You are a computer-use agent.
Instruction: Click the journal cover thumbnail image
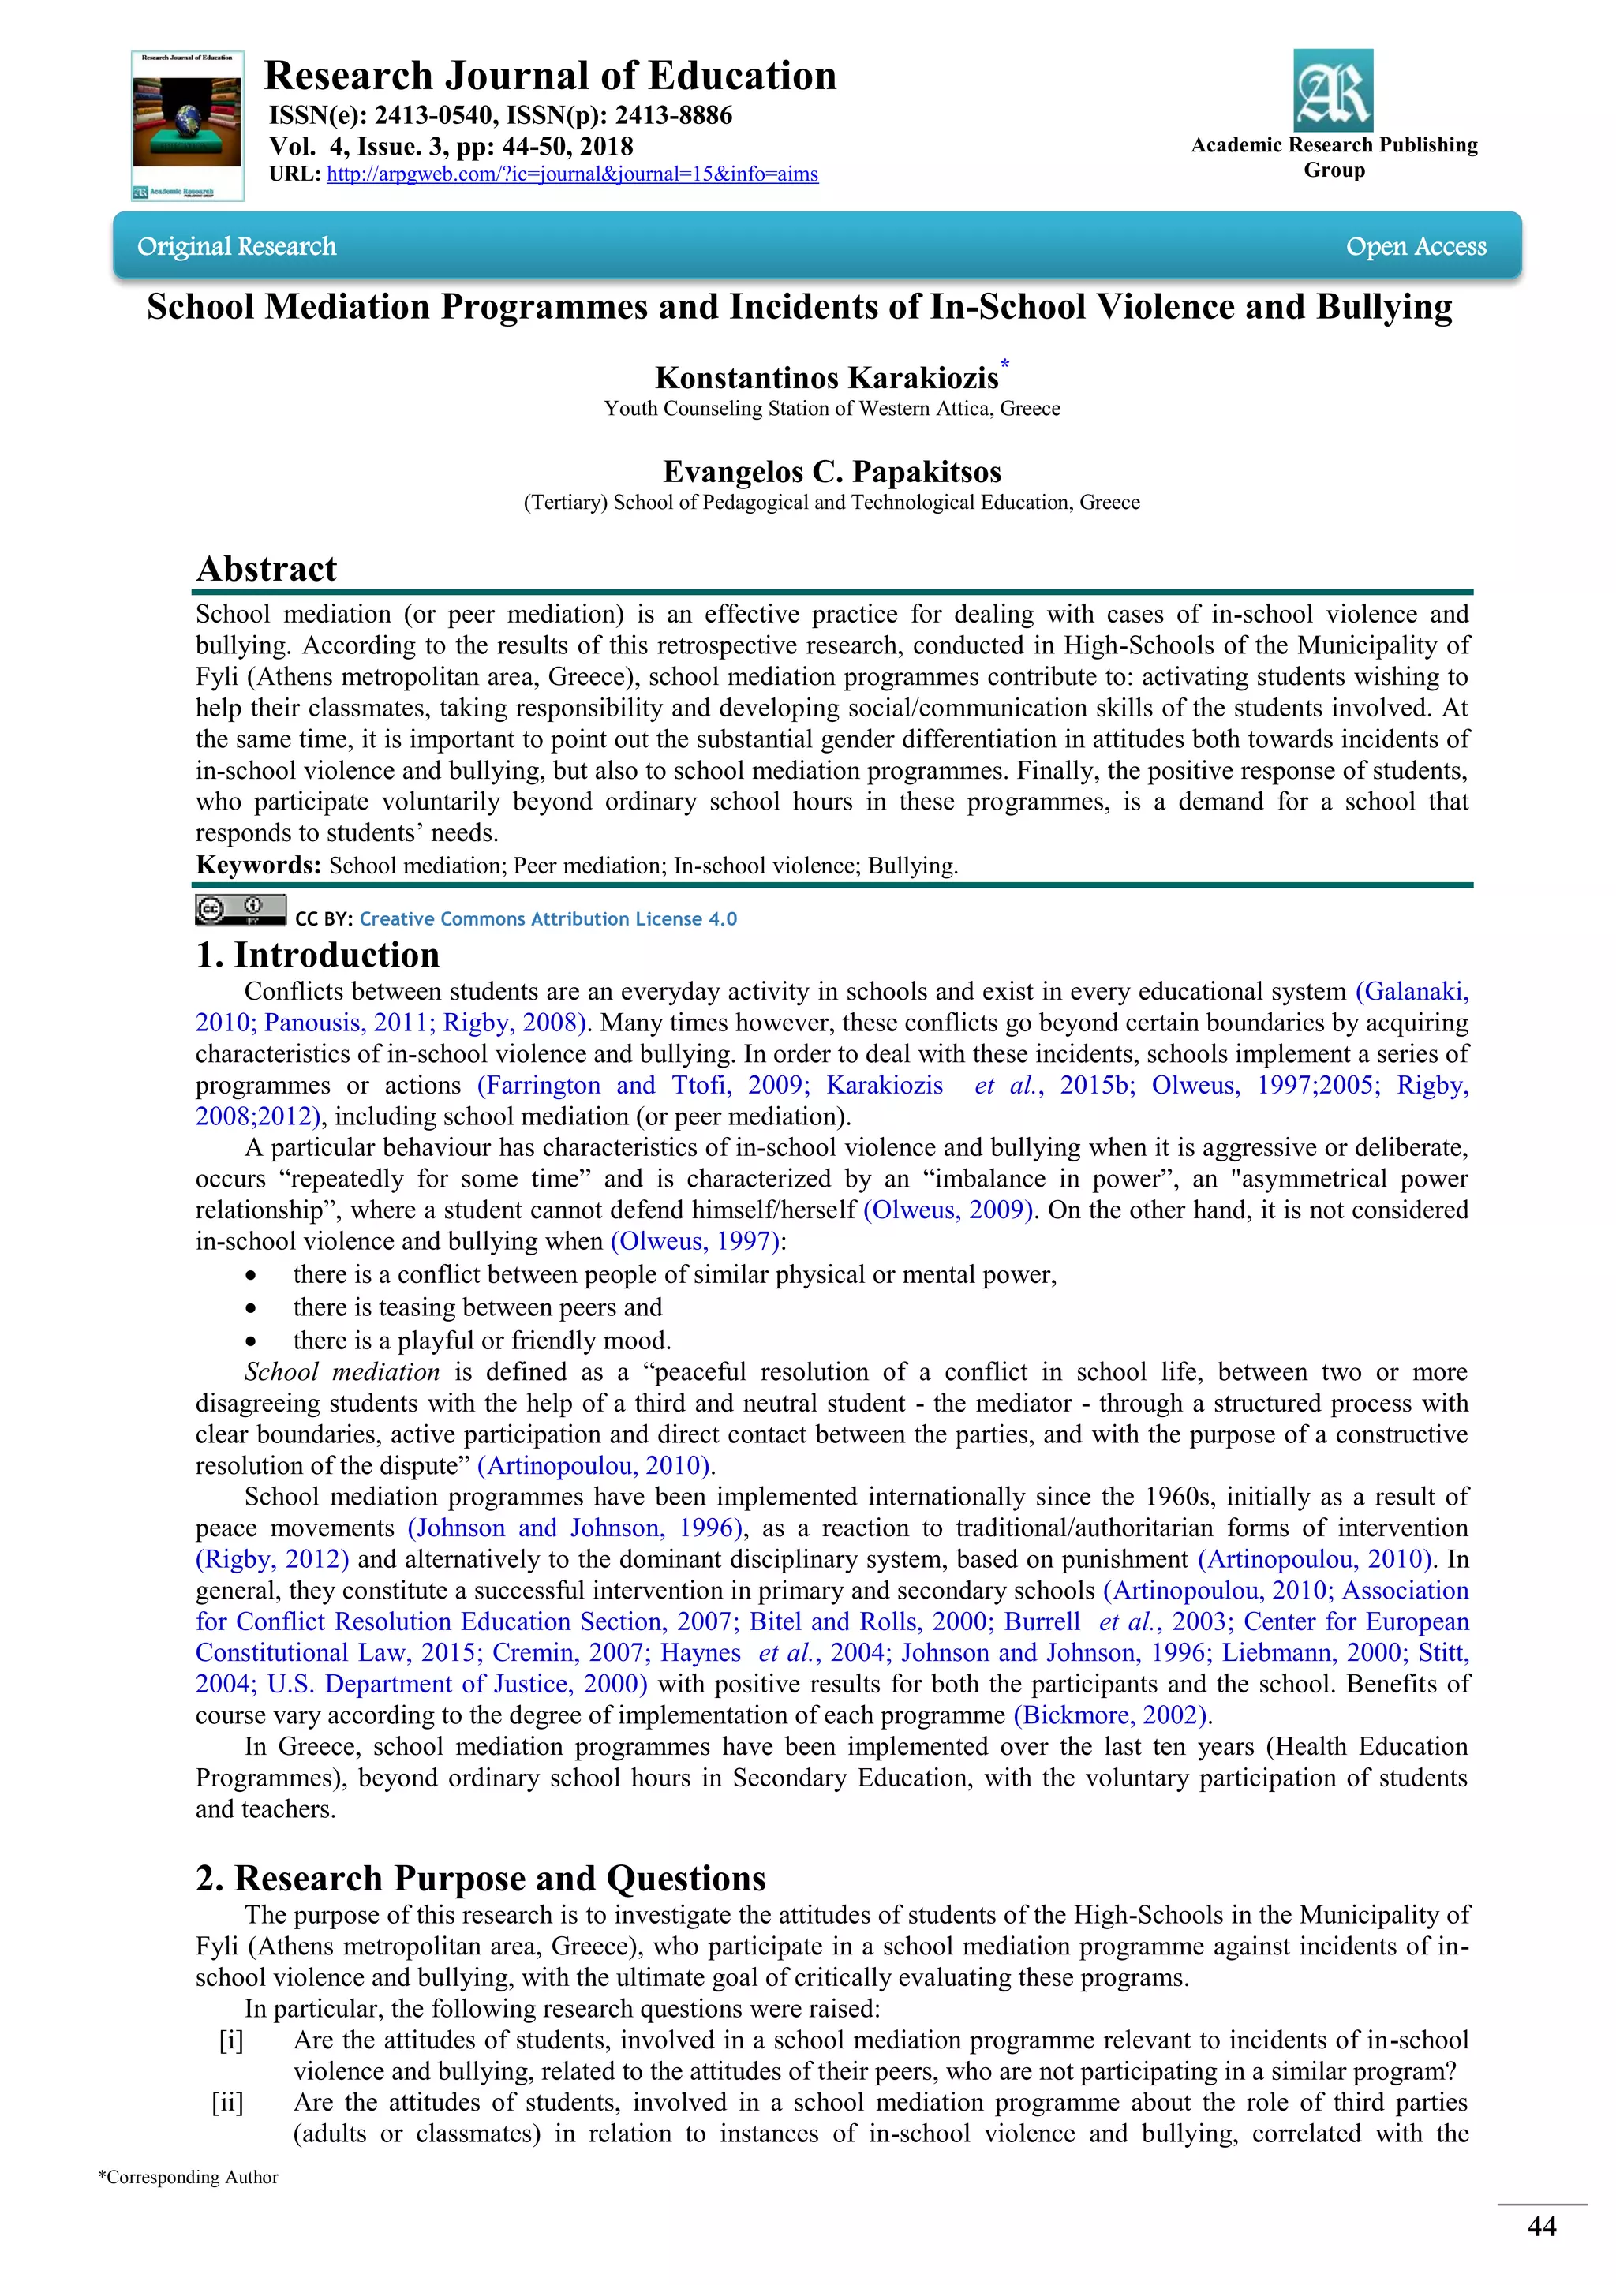[187, 125]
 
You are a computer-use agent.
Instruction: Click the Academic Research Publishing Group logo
[1333, 92]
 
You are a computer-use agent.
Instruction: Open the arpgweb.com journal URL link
[572, 174]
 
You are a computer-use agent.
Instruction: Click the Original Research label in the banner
[237, 247]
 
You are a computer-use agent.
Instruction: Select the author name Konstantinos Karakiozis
[826, 378]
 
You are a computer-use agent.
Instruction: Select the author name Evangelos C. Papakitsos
[832, 472]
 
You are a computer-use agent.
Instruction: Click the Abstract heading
[267, 568]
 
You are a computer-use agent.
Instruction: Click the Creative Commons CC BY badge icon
[240, 910]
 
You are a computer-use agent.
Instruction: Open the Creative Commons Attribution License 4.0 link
[548, 918]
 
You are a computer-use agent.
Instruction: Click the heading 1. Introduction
[317, 955]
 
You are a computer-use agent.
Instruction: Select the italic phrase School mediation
[342, 1371]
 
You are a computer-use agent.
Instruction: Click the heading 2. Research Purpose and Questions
[481, 1878]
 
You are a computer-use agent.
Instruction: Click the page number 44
[1541, 2227]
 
